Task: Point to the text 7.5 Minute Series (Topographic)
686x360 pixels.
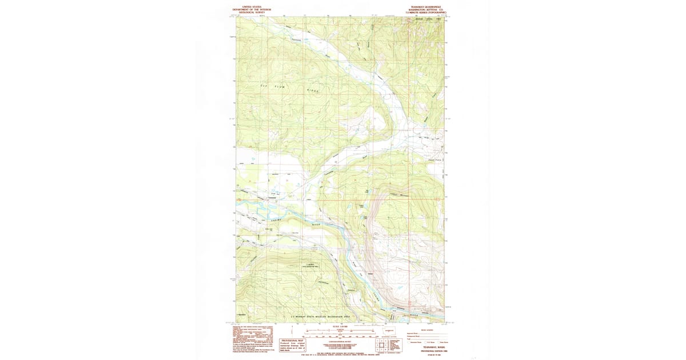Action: point(426,12)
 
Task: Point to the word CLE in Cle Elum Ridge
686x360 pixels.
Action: point(264,86)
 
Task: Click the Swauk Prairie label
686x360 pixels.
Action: point(435,159)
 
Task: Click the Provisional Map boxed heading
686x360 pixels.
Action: point(290,340)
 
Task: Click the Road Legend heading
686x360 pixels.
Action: point(426,330)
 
